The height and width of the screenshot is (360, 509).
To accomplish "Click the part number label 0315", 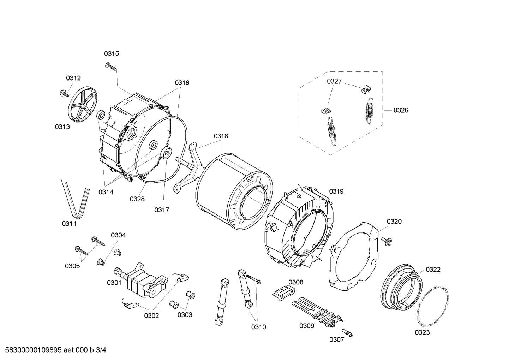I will pyautogui.click(x=111, y=54).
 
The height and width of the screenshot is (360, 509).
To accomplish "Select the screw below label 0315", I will pyautogui.click(x=110, y=66).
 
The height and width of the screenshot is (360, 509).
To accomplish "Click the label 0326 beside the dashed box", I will pyautogui.click(x=401, y=110).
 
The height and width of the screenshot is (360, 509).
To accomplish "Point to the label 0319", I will pyautogui.click(x=336, y=191).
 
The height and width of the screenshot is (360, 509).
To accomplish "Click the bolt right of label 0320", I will pyautogui.click(x=387, y=241).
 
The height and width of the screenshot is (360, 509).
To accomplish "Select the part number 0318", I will pyautogui.click(x=221, y=136).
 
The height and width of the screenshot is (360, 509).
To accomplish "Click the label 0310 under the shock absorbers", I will pyautogui.click(x=258, y=327).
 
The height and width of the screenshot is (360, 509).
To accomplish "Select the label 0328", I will pyautogui.click(x=137, y=199).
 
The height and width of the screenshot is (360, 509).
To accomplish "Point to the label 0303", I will pyautogui.click(x=185, y=315).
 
